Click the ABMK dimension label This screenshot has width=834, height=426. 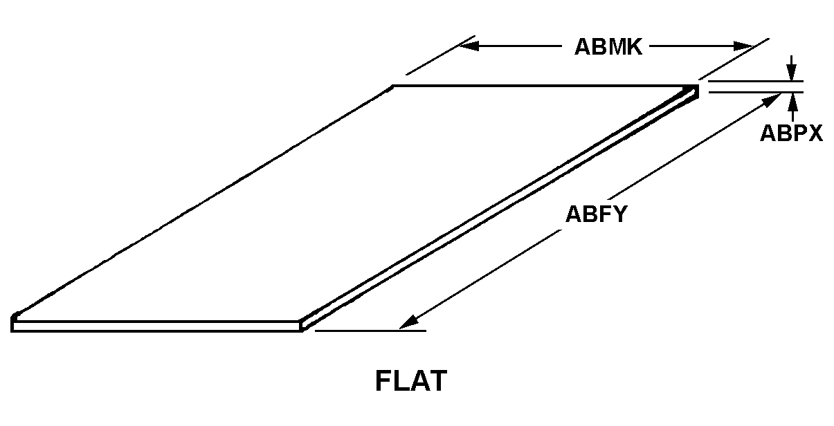click(x=608, y=47)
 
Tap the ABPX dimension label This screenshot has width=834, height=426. click(x=791, y=133)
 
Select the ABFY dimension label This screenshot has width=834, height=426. click(x=596, y=214)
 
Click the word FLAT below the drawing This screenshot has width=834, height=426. click(x=411, y=380)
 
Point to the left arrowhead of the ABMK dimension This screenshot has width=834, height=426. click(x=469, y=46)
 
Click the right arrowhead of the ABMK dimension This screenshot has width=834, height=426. click(x=743, y=46)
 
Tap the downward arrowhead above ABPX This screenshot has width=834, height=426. click(x=792, y=73)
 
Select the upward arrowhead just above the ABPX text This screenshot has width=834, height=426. click(x=793, y=101)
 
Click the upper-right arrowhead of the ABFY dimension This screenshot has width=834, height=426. click(x=772, y=100)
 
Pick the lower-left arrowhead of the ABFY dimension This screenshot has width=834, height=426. click(x=409, y=322)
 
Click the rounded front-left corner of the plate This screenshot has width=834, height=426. click(x=14, y=317)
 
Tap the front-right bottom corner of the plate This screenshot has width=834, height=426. click(x=302, y=331)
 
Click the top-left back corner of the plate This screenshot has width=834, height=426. click(x=393, y=86)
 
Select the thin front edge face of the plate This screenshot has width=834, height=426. click(x=156, y=326)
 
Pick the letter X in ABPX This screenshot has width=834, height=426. click(x=815, y=133)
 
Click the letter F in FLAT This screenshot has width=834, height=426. click(x=383, y=380)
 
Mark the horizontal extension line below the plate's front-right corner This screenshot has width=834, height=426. click(x=370, y=331)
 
